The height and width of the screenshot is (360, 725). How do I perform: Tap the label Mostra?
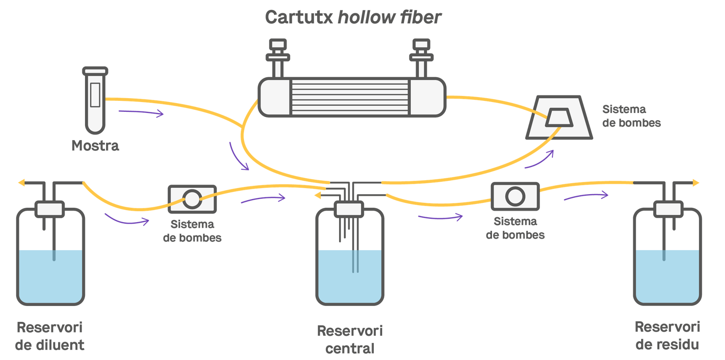point(95,145)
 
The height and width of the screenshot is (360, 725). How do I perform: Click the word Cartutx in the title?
point(298,17)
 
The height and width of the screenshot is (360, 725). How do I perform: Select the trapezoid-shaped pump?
point(559,117)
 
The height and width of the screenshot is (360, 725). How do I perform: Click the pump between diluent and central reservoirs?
point(192,198)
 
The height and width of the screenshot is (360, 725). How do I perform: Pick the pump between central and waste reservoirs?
point(515,196)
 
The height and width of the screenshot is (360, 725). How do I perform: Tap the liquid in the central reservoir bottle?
point(350,278)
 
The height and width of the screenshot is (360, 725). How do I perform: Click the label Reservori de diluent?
point(50,336)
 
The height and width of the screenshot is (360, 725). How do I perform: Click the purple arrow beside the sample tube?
point(141,113)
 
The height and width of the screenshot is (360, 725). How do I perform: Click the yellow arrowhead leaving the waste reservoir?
point(696,183)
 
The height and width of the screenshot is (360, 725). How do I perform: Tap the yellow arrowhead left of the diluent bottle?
point(22,183)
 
